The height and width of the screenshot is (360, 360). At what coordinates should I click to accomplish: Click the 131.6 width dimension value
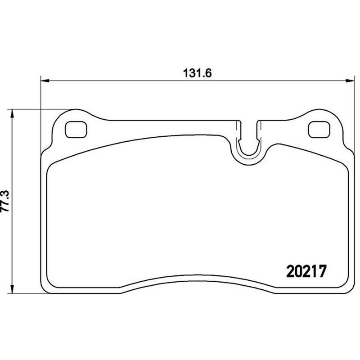coord(197,73)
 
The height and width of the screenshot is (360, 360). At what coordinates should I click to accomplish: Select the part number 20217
coord(306,271)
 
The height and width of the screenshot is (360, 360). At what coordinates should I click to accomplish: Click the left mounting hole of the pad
coord(76,130)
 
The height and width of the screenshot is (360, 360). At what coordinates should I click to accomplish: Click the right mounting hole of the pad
coord(319,130)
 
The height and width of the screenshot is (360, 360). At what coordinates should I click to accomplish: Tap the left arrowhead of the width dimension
coord(45,81)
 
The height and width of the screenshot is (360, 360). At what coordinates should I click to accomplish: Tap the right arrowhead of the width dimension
coord(350,81)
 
